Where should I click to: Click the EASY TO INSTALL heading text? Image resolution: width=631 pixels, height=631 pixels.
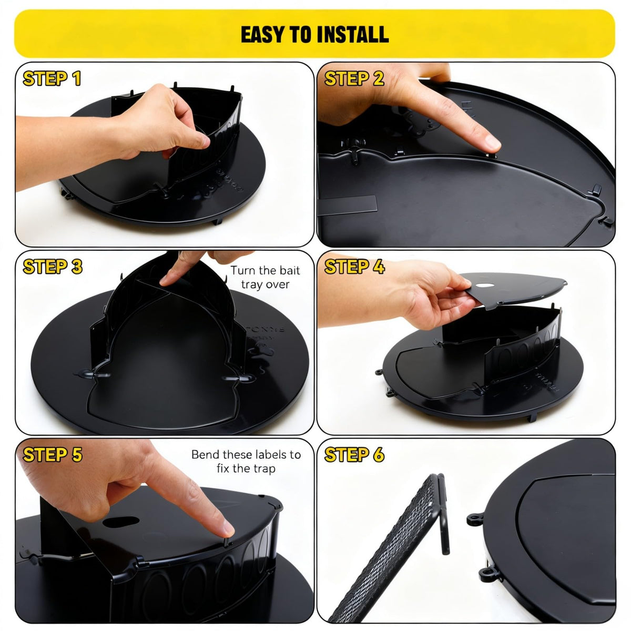click(x=314, y=34)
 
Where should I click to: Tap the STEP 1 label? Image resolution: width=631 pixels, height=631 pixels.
click(x=52, y=78)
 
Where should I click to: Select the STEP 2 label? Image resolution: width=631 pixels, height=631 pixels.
click(x=354, y=78)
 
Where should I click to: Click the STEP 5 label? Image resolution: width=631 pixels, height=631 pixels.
click(x=53, y=454)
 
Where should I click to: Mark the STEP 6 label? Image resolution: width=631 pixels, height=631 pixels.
click(x=354, y=454)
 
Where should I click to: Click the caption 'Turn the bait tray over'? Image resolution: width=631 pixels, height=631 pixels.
click(x=265, y=277)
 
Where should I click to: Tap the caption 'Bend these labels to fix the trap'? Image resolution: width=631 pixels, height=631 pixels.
click(x=246, y=462)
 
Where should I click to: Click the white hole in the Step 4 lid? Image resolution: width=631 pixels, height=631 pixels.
click(x=485, y=285)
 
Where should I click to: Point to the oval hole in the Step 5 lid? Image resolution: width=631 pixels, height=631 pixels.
click(x=121, y=522)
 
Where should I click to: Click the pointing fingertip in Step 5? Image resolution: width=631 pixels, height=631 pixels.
click(x=226, y=528)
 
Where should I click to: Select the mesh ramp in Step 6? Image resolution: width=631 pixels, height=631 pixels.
click(x=390, y=553)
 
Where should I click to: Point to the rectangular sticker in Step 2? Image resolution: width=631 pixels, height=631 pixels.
click(x=347, y=205)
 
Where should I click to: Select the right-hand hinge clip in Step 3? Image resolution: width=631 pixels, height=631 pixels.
click(x=239, y=378)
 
